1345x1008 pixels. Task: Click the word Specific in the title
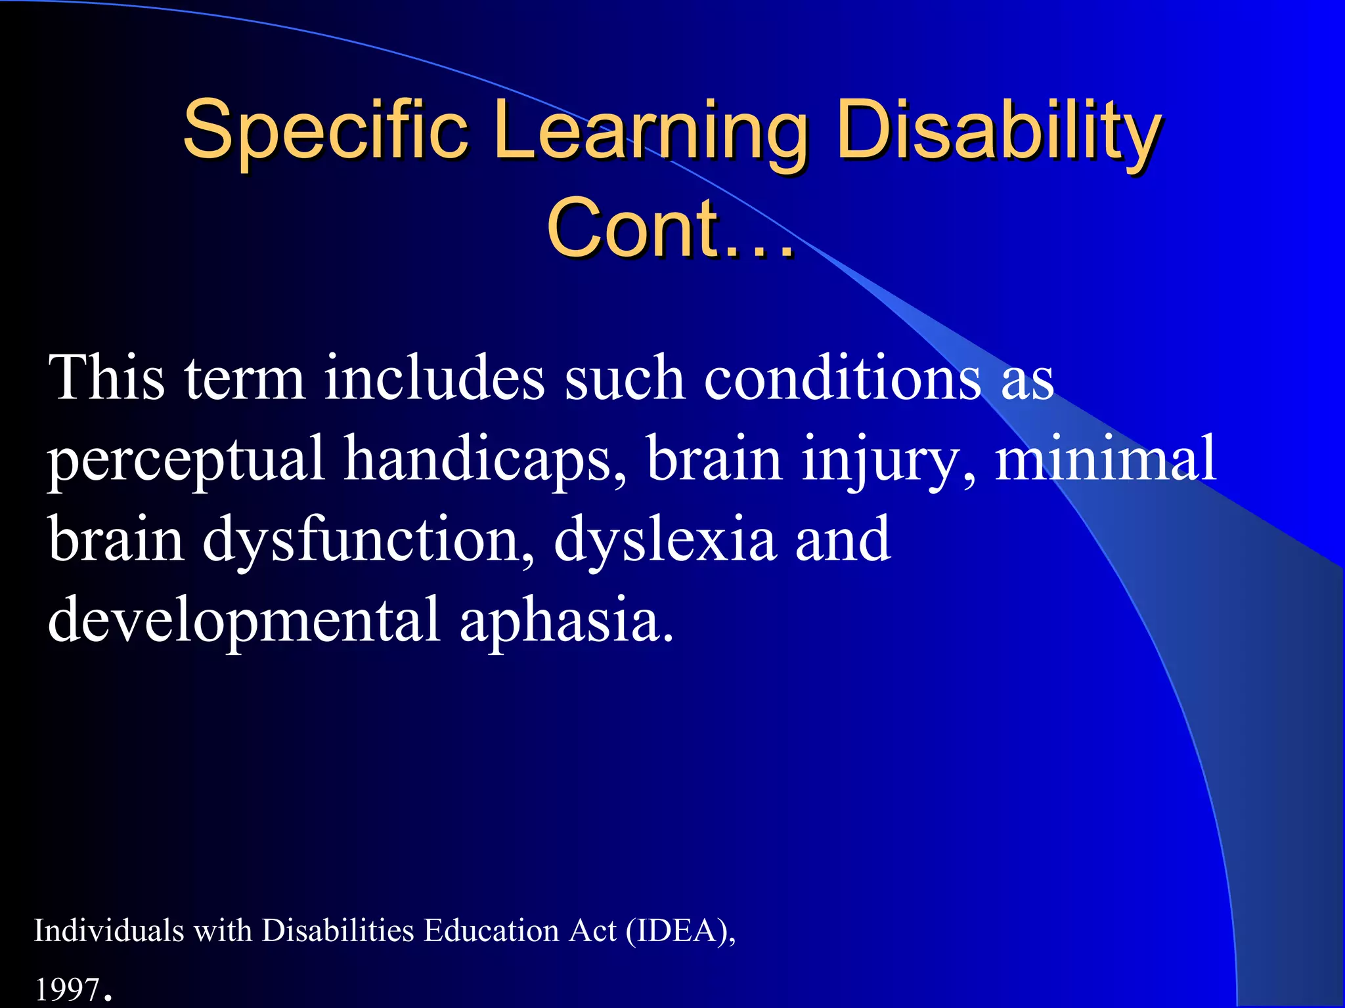click(325, 129)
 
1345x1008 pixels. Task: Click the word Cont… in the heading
click(670, 228)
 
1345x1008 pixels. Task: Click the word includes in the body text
click(434, 379)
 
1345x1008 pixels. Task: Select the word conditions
click(843, 379)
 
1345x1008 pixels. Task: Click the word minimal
click(1105, 459)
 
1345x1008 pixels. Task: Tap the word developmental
click(244, 621)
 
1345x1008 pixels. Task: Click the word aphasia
click(566, 621)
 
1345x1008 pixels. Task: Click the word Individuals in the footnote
click(109, 931)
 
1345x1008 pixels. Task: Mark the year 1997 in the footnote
click(67, 990)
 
